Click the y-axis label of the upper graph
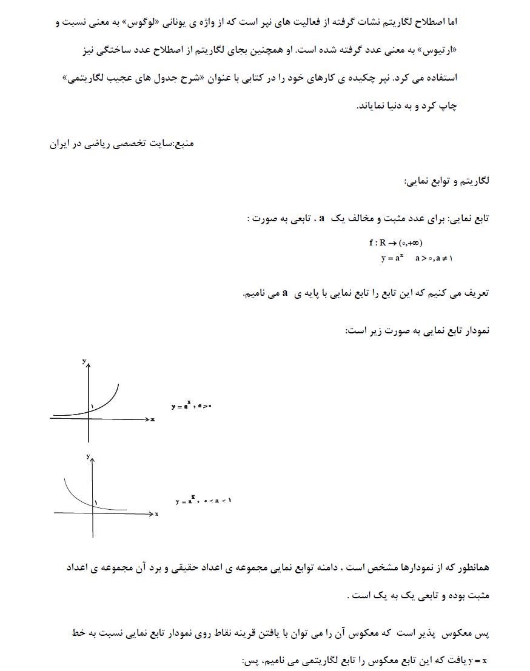coord(84,361)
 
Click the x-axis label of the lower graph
coord(156,514)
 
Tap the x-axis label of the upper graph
coord(153,419)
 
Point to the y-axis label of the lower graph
coord(88,456)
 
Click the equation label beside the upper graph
coord(190,406)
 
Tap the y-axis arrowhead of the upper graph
coord(89,367)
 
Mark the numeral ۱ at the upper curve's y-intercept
coord(93,406)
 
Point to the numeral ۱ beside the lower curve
coord(96,502)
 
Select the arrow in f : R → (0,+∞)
coord(392,243)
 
